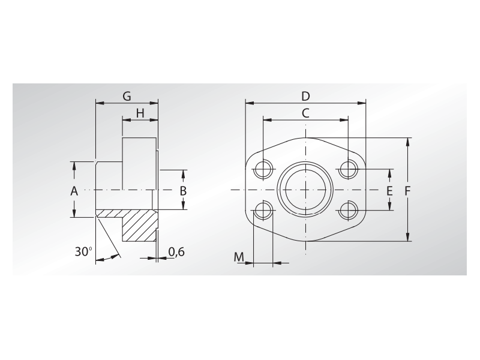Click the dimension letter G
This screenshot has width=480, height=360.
tap(127, 97)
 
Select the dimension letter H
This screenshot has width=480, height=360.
tap(140, 113)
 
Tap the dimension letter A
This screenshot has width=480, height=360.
tap(74, 191)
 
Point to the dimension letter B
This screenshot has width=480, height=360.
tap(183, 191)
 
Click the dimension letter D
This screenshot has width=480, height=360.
tap(305, 97)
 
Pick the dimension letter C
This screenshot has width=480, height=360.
tap(305, 113)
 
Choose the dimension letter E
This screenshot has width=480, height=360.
tap(389, 191)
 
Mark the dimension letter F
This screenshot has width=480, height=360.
tap(407, 191)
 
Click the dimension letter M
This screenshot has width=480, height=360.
tap(239, 257)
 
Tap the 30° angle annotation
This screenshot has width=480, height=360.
tap(83, 251)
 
